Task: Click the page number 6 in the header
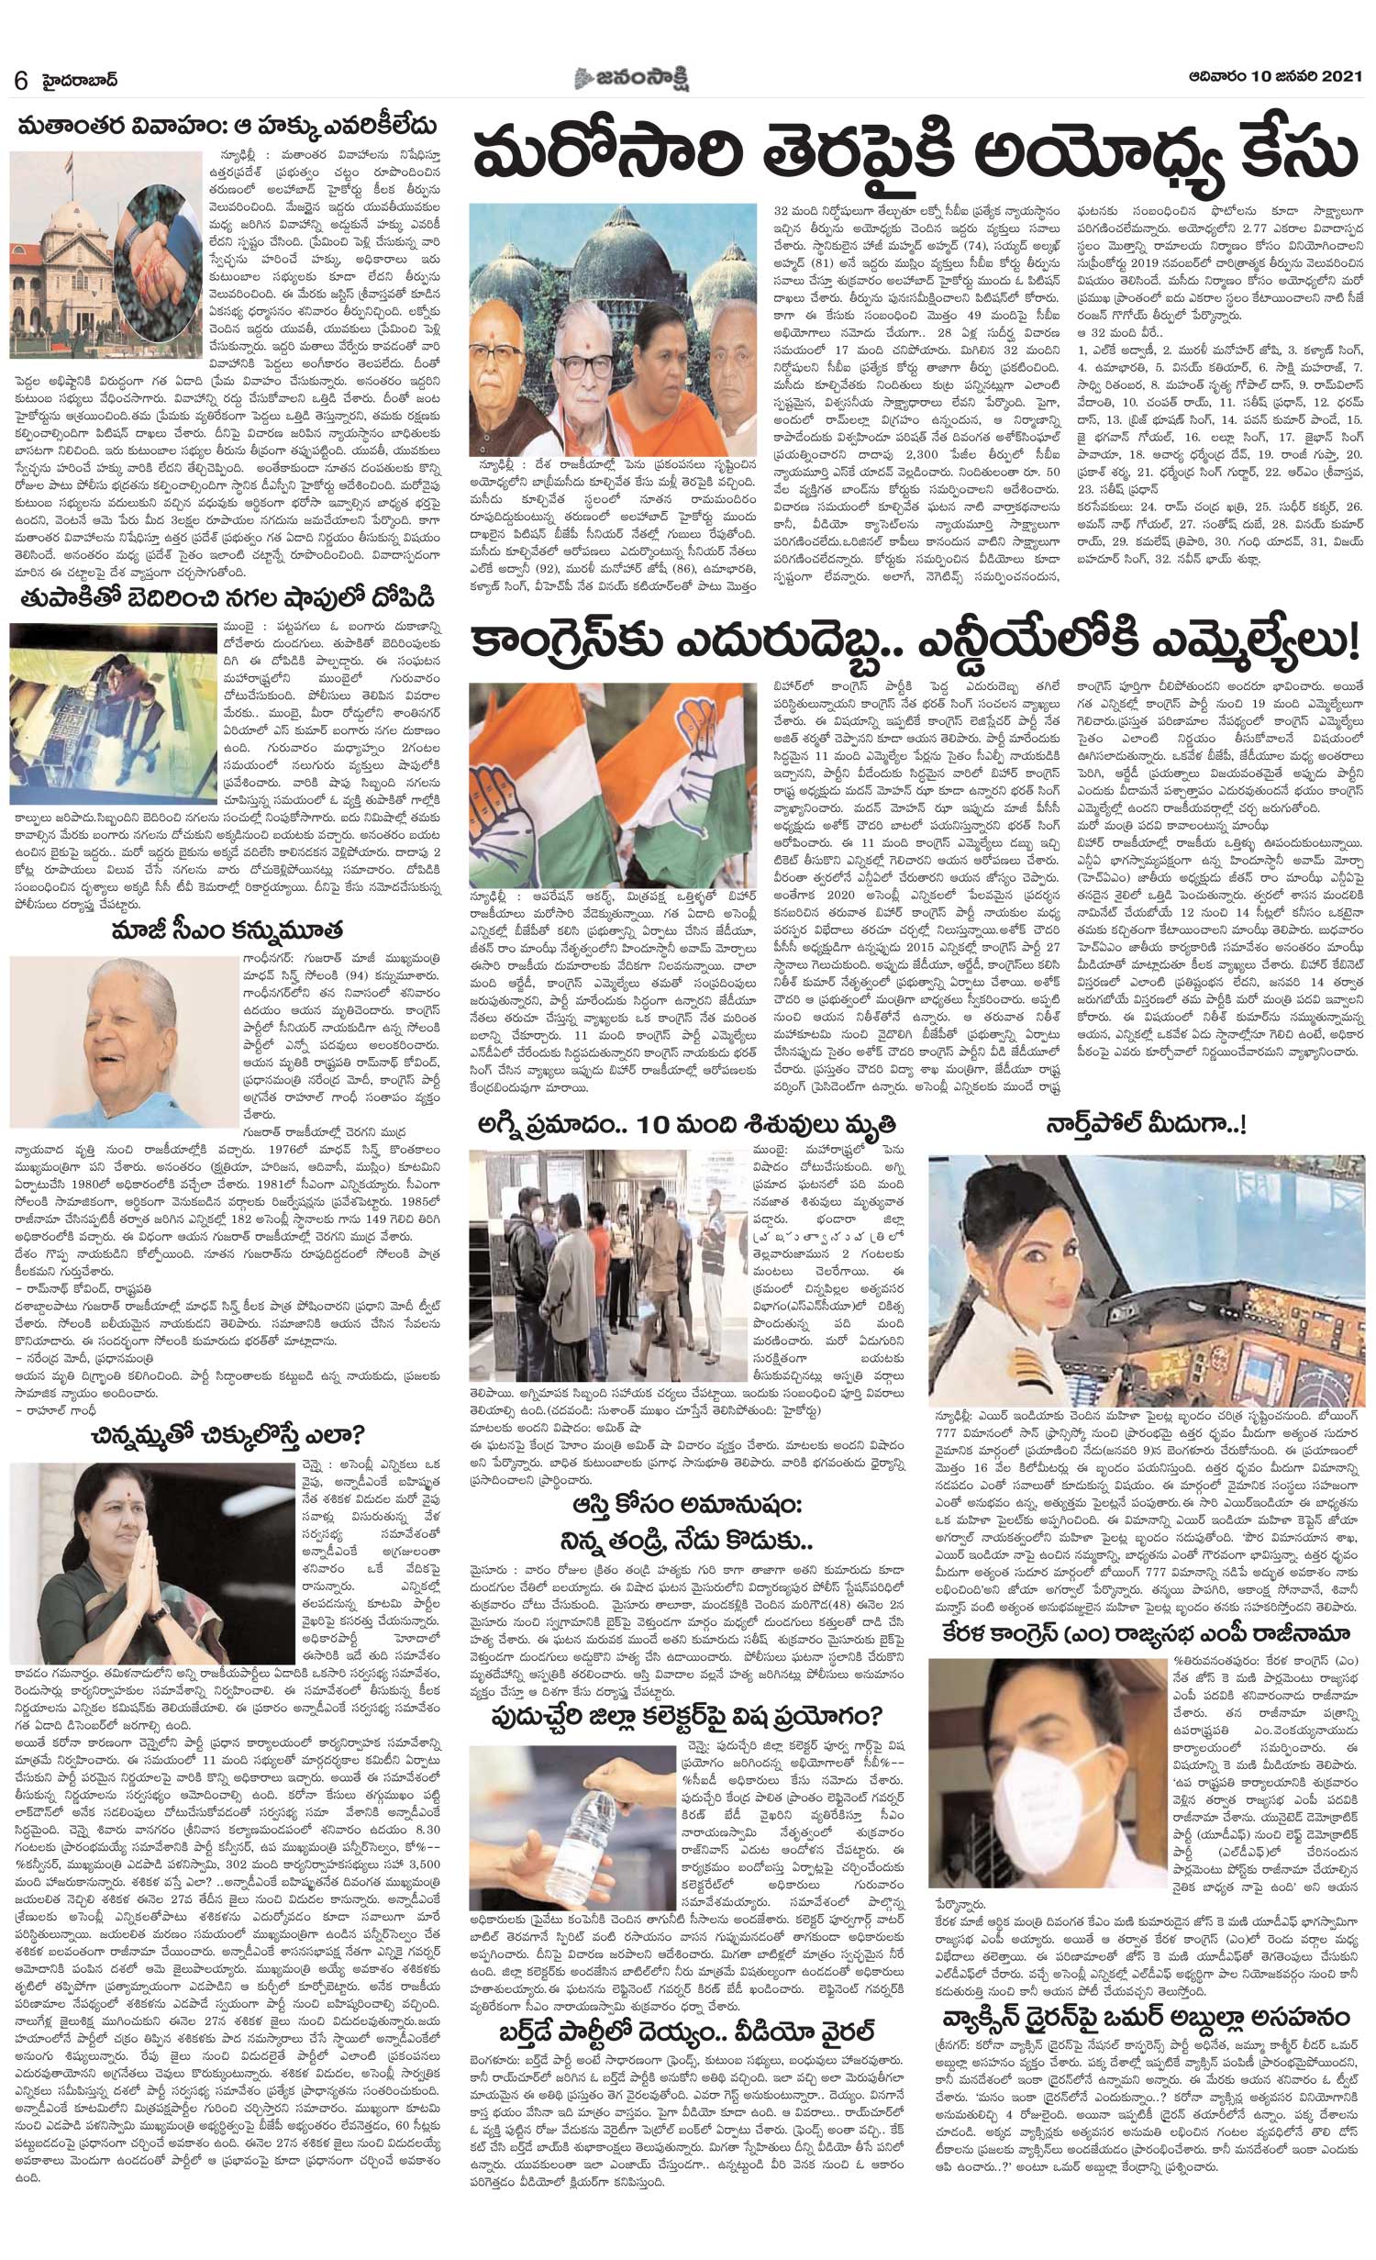[19, 80]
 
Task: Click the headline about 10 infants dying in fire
[681, 1124]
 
